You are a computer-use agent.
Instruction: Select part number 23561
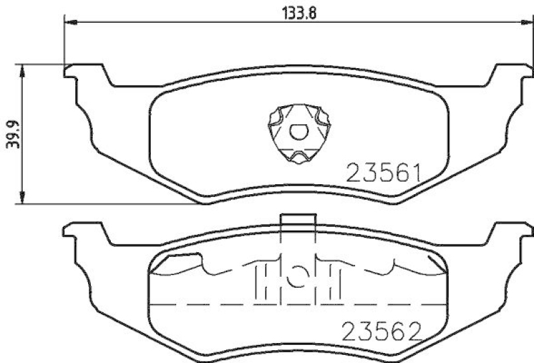[382, 175]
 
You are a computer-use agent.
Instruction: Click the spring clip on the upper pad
[298, 134]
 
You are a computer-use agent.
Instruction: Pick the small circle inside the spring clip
[298, 131]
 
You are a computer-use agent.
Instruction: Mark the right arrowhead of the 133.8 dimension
[522, 23]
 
